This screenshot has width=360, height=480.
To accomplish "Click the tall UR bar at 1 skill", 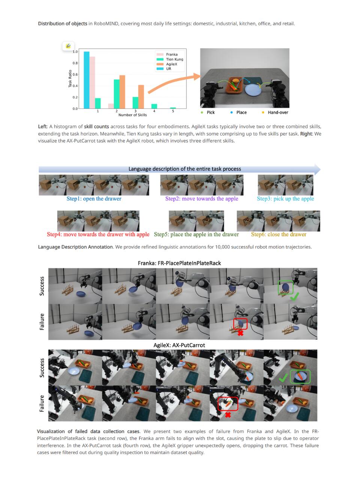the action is pyautogui.click(x=87, y=80).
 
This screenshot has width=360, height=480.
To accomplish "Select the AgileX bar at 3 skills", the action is pyautogui.click(x=141, y=97).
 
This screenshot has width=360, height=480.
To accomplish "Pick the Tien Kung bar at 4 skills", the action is pyautogui.click(x=154, y=106).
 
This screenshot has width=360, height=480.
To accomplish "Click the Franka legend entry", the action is pyautogui.click(x=167, y=54).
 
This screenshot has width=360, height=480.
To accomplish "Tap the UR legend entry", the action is pyautogui.click(x=164, y=69).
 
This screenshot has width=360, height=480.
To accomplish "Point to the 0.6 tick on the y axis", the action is pyautogui.click(x=75, y=74).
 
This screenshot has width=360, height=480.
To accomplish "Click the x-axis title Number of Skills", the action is pyautogui.click(x=132, y=115).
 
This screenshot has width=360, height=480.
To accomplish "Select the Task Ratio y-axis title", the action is pyautogui.click(x=70, y=79).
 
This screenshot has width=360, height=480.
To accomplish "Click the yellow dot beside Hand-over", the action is pyautogui.click(x=263, y=112).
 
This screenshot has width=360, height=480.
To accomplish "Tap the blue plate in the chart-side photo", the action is pyautogui.click(x=253, y=90).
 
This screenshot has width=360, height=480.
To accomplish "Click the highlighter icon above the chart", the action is pyautogui.click(x=68, y=46).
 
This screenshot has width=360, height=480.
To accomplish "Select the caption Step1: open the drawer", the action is pyautogui.click(x=94, y=198).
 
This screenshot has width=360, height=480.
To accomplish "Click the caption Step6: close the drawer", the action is pyautogui.click(x=279, y=234).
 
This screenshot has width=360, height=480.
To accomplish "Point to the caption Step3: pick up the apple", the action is pyautogui.click(x=285, y=198).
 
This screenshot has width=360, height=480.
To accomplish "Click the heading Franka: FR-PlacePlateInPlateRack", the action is pyautogui.click(x=179, y=263).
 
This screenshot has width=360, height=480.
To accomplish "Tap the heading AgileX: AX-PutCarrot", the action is pyautogui.click(x=179, y=345).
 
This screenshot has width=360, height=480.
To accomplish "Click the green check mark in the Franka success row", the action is pyautogui.click(x=294, y=297).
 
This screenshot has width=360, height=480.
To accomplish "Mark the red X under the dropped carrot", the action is pyautogui.click(x=228, y=415).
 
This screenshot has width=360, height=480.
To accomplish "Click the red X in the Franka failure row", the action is pyautogui.click(x=240, y=333).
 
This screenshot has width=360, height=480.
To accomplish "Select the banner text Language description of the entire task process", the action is pyautogui.click(x=185, y=169).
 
